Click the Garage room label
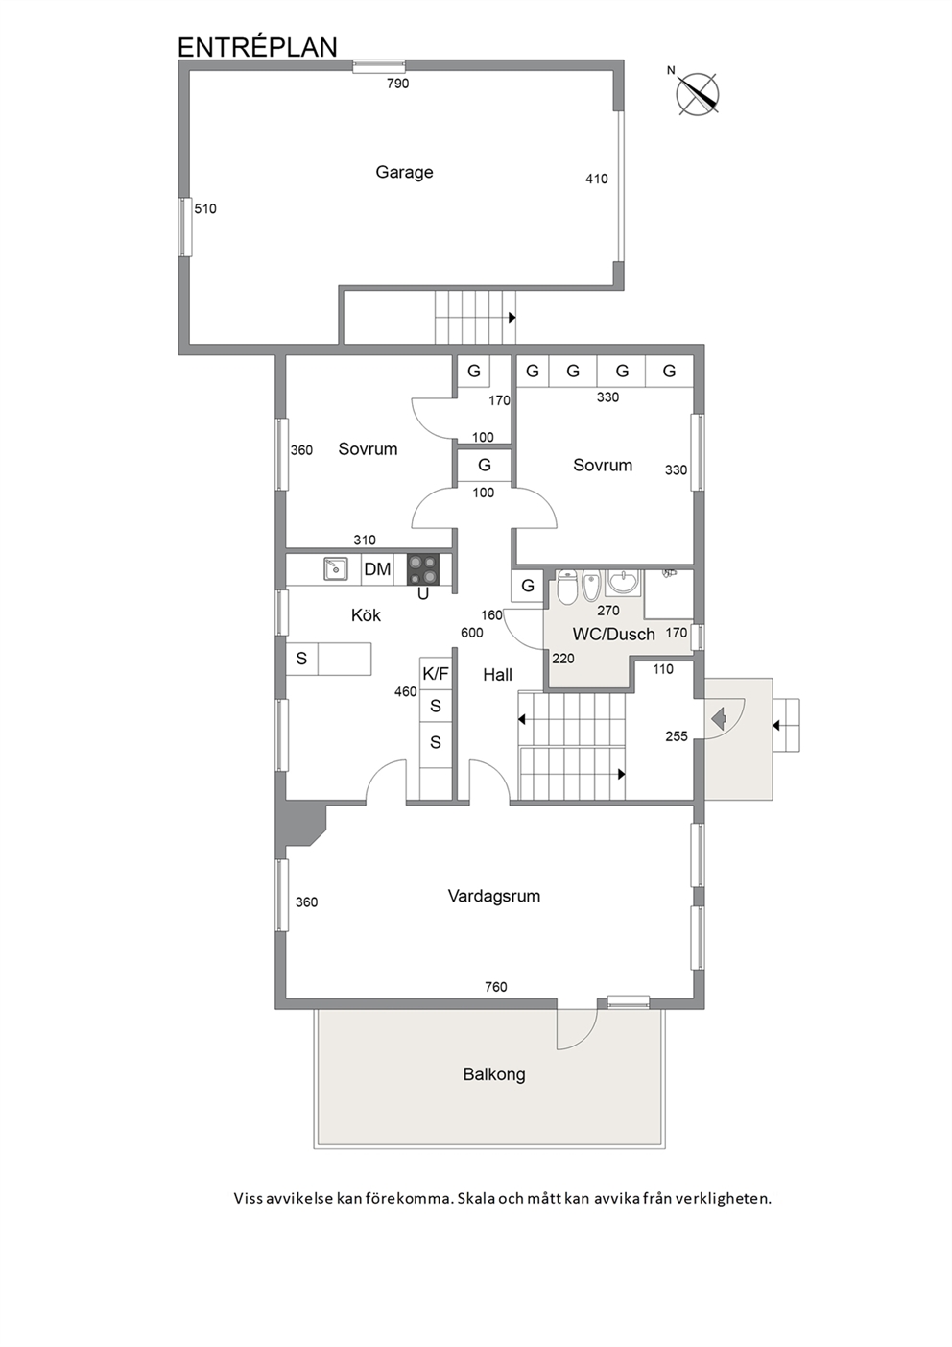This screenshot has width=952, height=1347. [x=404, y=173]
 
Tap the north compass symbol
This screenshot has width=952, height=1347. [x=697, y=94]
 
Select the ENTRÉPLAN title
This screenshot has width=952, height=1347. [x=258, y=47]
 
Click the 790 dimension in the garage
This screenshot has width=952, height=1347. [x=398, y=84]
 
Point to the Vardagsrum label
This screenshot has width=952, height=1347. [x=494, y=896]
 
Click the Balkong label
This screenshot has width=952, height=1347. [x=494, y=1074]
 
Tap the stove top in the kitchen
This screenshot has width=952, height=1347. [x=423, y=569]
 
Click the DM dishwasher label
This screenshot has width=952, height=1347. [x=377, y=569]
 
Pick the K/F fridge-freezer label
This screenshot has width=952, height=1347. [x=436, y=674]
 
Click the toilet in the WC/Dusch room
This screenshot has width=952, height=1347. [x=567, y=587]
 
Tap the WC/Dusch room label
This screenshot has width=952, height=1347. [x=613, y=634]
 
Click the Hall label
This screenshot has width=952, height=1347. [x=498, y=675]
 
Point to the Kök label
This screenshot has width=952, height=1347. [x=366, y=615]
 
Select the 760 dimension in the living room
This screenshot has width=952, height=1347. [x=496, y=987]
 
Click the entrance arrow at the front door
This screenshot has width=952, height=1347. [x=719, y=717]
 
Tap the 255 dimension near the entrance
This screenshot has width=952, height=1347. [x=677, y=736]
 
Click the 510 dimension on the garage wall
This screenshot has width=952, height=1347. [x=205, y=208]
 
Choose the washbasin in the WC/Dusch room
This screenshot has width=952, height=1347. [x=624, y=582]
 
